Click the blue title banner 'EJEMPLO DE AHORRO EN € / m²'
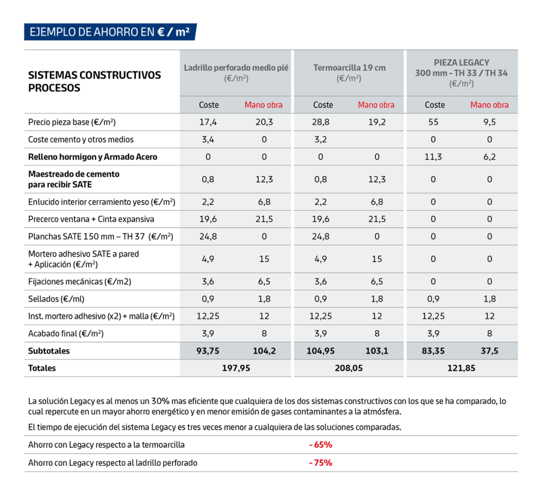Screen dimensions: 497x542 [110, 32]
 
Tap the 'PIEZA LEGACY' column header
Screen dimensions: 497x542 [461, 62]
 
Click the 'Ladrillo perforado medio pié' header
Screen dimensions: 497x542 [236, 68]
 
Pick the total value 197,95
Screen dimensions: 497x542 [236, 368]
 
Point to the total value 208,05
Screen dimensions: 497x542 [349, 368]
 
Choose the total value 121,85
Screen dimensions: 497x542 [461, 368]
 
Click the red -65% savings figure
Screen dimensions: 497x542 [320, 445]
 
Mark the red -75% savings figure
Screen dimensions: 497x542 [320, 463]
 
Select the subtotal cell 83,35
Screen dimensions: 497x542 [433, 351]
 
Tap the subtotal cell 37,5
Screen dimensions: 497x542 [490, 351]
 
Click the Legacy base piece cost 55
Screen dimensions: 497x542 [433, 122]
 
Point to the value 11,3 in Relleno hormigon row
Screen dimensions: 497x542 [433, 157]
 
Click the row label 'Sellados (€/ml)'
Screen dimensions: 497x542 [56, 299]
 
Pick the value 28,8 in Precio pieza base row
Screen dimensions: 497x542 [321, 122]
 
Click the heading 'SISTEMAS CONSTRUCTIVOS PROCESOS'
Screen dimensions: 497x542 [94, 82]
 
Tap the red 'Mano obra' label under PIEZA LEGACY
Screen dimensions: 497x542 [489, 105]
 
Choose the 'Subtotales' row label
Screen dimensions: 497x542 [49, 351]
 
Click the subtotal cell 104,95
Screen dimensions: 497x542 [321, 351]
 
